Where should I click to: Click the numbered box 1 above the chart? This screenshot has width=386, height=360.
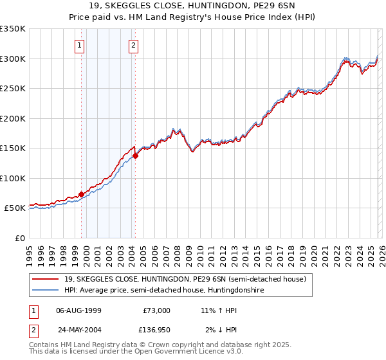click(79, 45)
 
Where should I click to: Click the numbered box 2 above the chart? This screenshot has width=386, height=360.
click(133, 45)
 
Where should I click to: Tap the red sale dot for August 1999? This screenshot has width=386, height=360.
click(81, 194)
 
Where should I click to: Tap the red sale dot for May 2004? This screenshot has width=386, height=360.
click(136, 156)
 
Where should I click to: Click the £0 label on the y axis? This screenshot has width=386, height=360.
click(19, 238)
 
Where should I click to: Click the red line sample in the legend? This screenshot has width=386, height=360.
click(46, 278)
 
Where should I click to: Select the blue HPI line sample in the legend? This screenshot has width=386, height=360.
click(46, 291)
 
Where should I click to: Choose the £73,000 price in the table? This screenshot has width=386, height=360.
click(156, 310)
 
